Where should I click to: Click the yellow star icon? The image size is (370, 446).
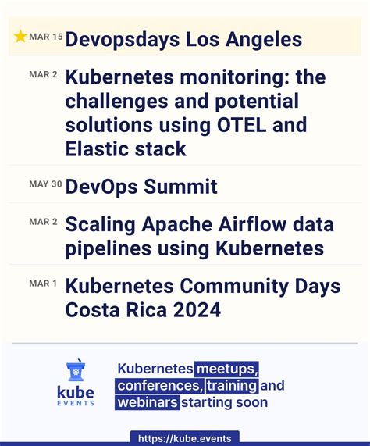[20, 37]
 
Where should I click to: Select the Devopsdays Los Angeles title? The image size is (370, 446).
[183, 39]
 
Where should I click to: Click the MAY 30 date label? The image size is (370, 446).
[45, 184]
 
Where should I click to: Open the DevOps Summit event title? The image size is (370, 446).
[141, 187]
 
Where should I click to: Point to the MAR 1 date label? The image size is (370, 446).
[43, 283]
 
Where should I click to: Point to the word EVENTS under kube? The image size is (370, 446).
[76, 403]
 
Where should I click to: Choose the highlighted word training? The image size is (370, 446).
[232, 386]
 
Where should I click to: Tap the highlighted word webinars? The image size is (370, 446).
[148, 403]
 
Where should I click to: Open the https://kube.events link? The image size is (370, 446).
[184, 439]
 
